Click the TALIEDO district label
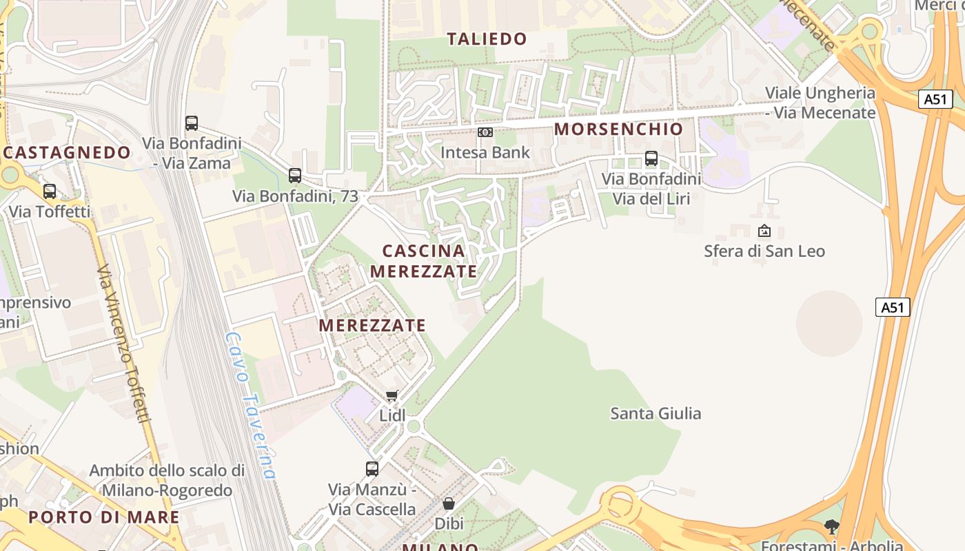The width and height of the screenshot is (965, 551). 487,39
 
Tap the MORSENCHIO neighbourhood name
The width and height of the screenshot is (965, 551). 618,129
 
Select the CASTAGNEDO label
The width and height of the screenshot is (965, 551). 67,152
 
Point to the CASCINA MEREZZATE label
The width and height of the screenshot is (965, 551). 423,261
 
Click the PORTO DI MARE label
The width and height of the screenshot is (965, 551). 104,517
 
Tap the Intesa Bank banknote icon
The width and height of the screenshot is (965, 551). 485,132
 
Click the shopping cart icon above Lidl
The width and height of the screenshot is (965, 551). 392,395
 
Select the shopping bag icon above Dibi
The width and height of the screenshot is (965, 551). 449,503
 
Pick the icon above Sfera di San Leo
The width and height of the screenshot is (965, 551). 764,231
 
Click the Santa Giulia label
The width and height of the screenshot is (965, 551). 656,413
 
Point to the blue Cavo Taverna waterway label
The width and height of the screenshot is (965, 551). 251,406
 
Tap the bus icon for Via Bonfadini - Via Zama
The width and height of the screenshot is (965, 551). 192,123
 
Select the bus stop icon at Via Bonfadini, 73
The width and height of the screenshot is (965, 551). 295,176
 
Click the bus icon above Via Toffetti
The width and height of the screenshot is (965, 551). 50,191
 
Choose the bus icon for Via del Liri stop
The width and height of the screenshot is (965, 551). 651,158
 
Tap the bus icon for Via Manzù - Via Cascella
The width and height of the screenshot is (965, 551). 372,469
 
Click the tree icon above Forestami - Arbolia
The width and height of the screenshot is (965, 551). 832,527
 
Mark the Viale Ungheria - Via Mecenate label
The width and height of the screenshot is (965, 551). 820,103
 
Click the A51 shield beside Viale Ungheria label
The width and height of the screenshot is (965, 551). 935,99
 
